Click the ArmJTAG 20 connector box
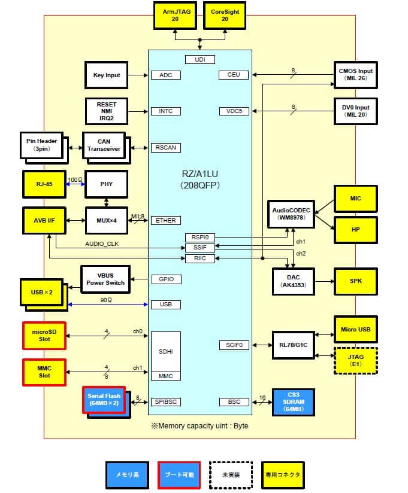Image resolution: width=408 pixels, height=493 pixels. pyautogui.click(x=176, y=15)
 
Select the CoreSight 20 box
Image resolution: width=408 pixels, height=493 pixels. pyautogui.click(x=225, y=15)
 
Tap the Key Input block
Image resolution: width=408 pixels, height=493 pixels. pyautogui.click(x=107, y=75)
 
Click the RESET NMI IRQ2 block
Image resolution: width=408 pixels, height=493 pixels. pyautogui.click(x=107, y=111)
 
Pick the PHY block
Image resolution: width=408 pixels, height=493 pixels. pyautogui.click(x=107, y=184)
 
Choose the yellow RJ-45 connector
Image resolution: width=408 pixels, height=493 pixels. pyautogui.click(x=44, y=184)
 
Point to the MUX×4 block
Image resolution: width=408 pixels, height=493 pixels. pyautogui.click(x=107, y=220)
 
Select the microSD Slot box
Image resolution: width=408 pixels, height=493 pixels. pyautogui.click(x=44, y=335)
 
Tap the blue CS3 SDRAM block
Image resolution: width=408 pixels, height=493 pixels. pyautogui.click(x=293, y=402)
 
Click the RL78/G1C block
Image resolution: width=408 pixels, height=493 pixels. pyautogui.click(x=293, y=345)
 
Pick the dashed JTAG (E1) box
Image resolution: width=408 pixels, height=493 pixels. pyautogui.click(x=356, y=360)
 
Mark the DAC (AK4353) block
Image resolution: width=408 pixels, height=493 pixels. pyautogui.click(x=293, y=281)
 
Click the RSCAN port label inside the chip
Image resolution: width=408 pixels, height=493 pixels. pyautogui.click(x=166, y=147)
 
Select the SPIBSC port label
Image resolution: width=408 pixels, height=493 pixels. pyautogui.click(x=166, y=402)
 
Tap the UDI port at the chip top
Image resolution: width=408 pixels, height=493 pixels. pyautogui.click(x=200, y=59)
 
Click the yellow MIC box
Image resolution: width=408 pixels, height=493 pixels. pyautogui.click(x=356, y=198)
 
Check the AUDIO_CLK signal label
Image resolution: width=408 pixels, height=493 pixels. pyautogui.click(x=102, y=244)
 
